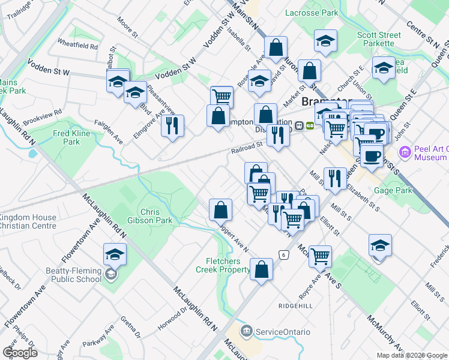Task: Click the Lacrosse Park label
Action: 312,12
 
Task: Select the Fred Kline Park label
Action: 67,137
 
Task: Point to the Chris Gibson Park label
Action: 156,216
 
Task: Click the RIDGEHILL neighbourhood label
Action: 295,305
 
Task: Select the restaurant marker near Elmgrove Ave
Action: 172,126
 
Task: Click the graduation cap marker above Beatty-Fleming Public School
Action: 114,254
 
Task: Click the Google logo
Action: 20,353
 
